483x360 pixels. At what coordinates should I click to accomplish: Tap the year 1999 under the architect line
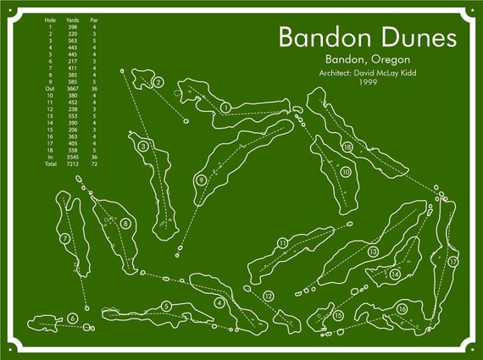pos(368,82)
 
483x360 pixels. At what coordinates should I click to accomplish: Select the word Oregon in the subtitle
pos(390,59)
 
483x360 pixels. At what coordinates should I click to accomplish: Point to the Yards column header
pos(72,17)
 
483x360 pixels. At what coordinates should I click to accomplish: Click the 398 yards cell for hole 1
pos(72,25)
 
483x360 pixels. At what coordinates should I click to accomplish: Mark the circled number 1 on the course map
pos(225,107)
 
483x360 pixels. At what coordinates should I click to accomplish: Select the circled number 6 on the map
pos(74,318)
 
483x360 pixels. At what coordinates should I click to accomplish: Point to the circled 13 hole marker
pos(373,251)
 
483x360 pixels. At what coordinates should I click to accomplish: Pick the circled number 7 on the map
pos(64,240)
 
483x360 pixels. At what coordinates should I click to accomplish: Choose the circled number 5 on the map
pos(167,306)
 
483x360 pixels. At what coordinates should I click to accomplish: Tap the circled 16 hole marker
pos(402,309)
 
